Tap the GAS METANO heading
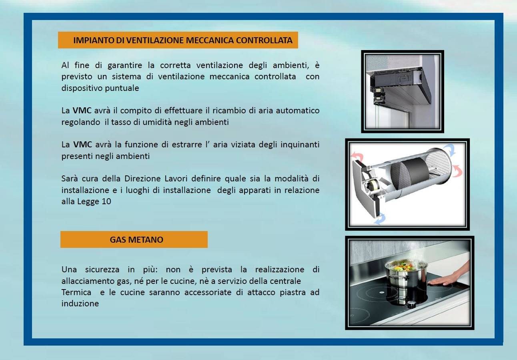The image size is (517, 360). [136, 239]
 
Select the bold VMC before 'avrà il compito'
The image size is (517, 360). [82, 111]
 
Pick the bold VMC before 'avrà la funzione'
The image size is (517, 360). [82, 145]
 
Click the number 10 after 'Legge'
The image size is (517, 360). [106, 201]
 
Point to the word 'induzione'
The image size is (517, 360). [80, 304]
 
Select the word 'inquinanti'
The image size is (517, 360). [300, 145]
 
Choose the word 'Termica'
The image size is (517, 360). [76, 292]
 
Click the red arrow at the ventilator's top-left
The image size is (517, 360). [357, 156]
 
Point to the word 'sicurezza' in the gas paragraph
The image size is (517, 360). [102, 269]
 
